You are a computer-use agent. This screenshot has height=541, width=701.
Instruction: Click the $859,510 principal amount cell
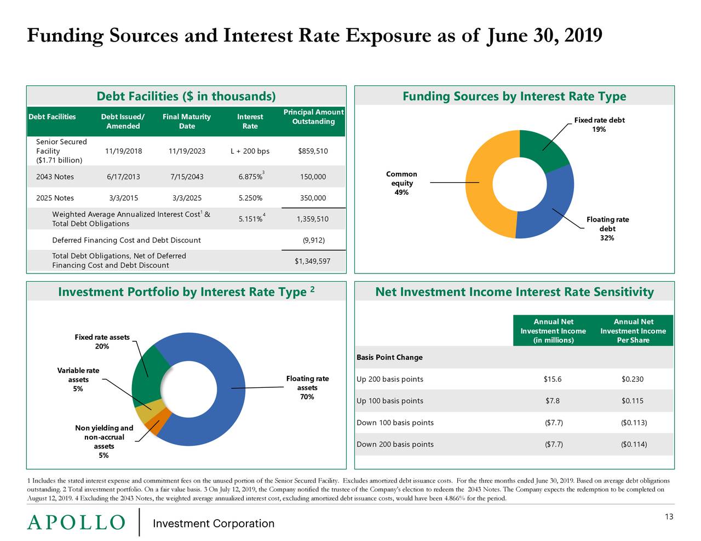click(x=313, y=152)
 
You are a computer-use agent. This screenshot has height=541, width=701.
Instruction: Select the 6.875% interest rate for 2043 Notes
click(x=250, y=177)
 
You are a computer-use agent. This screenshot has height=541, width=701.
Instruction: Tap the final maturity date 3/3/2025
click(x=187, y=198)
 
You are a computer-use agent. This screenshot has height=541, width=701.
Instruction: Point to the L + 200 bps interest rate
click(x=250, y=152)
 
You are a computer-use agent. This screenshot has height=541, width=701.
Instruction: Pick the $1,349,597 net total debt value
click(x=313, y=261)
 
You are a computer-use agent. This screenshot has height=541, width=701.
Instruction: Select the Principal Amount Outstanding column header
click(x=313, y=117)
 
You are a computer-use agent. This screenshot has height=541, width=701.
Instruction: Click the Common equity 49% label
click(x=401, y=183)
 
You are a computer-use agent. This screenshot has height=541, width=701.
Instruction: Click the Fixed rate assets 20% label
click(x=102, y=342)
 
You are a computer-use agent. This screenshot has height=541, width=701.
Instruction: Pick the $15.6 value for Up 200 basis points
click(x=553, y=379)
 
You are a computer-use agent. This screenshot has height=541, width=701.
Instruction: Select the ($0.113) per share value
click(x=633, y=422)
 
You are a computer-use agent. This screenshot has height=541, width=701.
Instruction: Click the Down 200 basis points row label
click(x=395, y=444)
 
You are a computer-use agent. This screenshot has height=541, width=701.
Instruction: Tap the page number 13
click(x=669, y=517)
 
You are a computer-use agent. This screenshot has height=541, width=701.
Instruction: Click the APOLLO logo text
click(x=76, y=523)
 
